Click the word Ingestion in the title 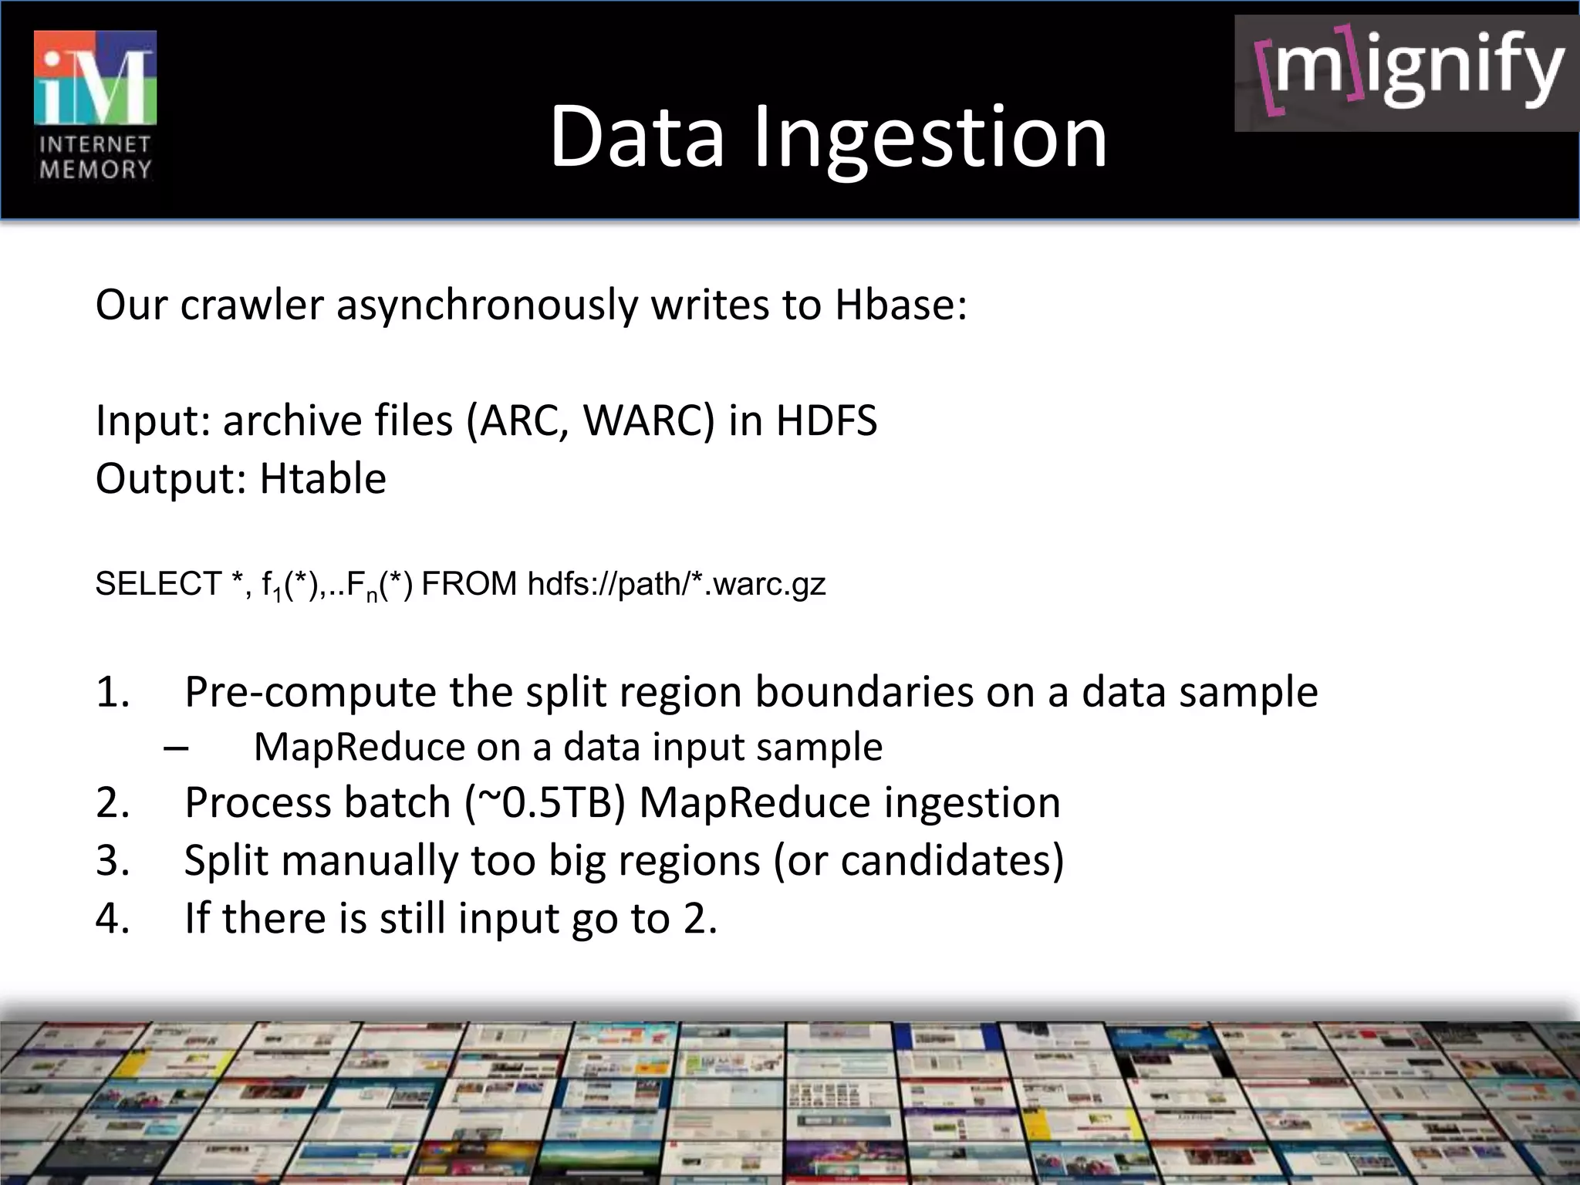(930, 137)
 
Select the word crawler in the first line (252, 305)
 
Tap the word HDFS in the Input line (826, 421)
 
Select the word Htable (322, 478)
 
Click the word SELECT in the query (158, 584)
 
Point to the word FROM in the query (469, 584)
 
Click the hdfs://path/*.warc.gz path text (677, 584)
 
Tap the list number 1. (113, 691)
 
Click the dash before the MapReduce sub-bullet (177, 747)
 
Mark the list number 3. (113, 860)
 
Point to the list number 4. (113, 918)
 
